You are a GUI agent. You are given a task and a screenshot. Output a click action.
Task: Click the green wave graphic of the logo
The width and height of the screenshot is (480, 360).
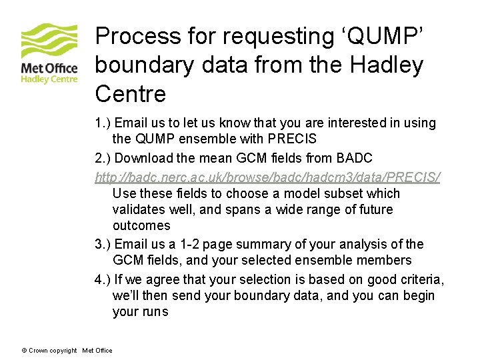[x=49, y=41]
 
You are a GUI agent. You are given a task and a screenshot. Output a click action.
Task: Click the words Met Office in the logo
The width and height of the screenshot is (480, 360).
[x=49, y=67]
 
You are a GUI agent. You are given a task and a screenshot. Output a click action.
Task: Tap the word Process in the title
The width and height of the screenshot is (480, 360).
[x=137, y=36]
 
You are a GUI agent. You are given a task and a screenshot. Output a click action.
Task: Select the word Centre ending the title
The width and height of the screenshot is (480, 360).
[x=131, y=94]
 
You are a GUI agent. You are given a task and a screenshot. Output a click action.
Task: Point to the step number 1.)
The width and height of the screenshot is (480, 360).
[x=103, y=123]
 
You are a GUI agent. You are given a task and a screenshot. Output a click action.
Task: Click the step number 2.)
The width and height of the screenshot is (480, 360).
[x=103, y=158]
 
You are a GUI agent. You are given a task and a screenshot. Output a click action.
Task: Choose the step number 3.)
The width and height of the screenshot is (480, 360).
[x=103, y=245]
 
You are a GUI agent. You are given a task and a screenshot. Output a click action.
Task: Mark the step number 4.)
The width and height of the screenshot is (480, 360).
[x=103, y=279]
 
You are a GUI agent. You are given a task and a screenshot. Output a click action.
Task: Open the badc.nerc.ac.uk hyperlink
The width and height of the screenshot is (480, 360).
[x=267, y=177]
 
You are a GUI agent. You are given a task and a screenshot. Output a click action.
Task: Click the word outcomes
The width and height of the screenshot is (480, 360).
[x=141, y=226]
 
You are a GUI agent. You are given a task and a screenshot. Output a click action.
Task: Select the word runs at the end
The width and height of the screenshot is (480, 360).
[x=155, y=312]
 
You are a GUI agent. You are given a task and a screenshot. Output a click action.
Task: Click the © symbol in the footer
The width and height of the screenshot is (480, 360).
[x=24, y=351]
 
